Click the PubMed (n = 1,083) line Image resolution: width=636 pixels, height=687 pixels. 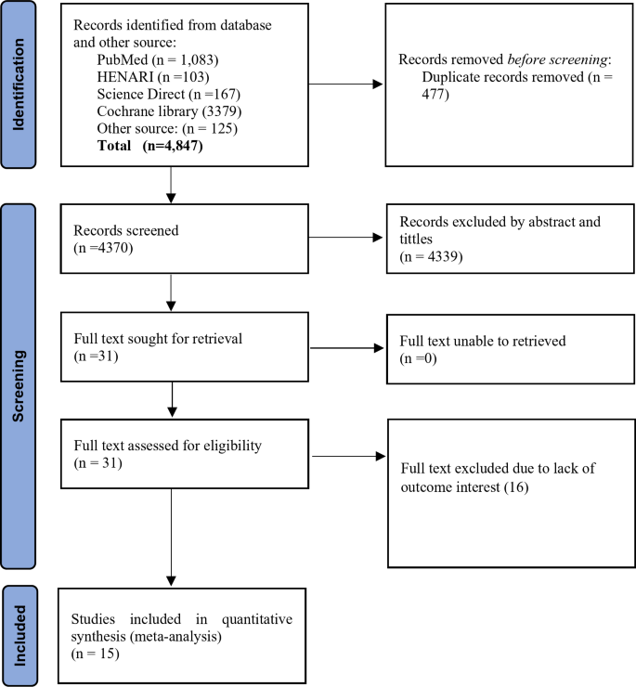(152, 58)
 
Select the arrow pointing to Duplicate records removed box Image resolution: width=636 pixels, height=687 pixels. (344, 86)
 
